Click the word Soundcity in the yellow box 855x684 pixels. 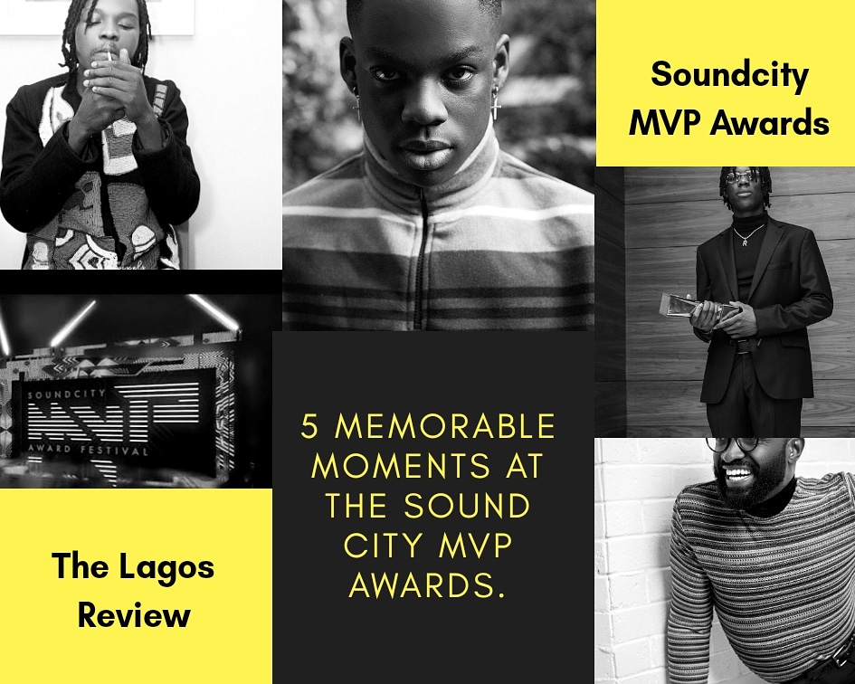(x=729, y=75)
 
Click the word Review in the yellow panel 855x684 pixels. (x=134, y=614)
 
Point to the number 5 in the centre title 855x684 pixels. (x=309, y=426)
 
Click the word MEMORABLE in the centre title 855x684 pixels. (x=445, y=426)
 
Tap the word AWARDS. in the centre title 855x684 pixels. (x=426, y=585)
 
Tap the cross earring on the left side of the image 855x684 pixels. (x=357, y=107)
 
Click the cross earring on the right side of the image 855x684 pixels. (x=495, y=104)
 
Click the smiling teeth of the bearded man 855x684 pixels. (x=736, y=470)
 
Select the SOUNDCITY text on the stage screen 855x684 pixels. (x=67, y=394)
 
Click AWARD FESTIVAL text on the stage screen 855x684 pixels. (x=87, y=450)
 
